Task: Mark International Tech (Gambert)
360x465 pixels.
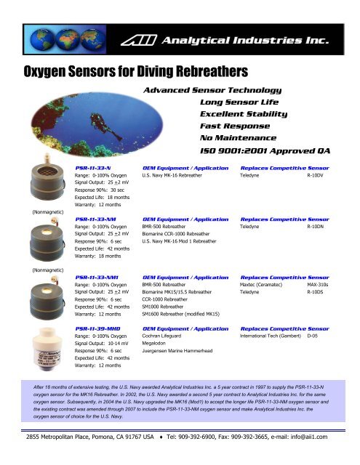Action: tap(273, 337)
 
